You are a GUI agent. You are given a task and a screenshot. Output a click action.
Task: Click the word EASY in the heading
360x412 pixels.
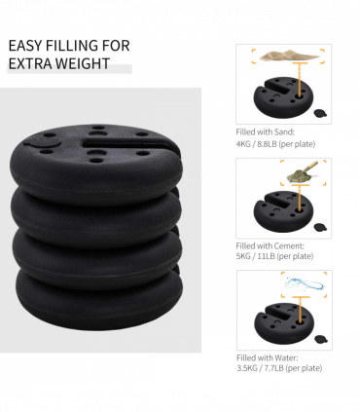pos(25,46)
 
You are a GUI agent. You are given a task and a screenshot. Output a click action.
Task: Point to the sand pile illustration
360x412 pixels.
pos(288,56)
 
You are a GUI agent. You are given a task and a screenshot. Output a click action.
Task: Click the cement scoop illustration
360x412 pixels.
pos(302,171)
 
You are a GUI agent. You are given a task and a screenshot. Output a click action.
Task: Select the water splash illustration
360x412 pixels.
pos(305,284)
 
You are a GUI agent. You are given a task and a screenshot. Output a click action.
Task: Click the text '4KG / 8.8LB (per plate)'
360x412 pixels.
pos(275,144)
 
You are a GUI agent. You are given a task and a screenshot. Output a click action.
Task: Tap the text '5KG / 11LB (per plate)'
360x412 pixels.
pos(274,256)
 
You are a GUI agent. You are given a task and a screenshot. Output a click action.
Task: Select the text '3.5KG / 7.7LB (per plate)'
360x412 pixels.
pos(279,368)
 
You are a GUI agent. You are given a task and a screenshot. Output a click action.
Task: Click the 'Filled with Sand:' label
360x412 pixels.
pos(266,132)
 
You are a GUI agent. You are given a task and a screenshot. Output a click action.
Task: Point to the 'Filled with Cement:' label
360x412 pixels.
pos(270,245)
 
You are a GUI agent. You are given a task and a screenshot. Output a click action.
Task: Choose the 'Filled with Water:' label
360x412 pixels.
pos(268,357)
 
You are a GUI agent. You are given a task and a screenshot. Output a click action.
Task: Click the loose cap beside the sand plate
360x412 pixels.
pos(320,113)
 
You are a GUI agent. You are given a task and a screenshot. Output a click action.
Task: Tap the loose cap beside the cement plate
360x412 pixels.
pos(320,227)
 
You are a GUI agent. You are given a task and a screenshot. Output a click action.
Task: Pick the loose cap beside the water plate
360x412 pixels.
pos(321,339)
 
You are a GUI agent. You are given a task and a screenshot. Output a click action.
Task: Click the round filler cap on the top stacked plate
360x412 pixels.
pos(43,141)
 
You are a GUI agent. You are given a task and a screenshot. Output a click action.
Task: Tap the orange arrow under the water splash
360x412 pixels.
pos(299,310)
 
